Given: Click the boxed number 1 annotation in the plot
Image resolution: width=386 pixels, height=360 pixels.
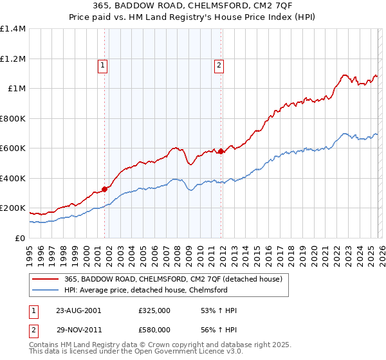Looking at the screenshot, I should [103, 64].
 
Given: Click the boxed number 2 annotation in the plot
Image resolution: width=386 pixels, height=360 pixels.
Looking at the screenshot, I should [219, 64].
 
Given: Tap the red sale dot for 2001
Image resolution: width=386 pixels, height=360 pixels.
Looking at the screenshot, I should [104, 189].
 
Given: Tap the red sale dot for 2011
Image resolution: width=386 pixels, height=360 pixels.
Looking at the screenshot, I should [221, 152].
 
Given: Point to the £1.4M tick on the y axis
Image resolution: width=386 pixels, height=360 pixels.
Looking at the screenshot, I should [13, 29].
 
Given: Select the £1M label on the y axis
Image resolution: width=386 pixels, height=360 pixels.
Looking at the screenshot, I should [17, 89].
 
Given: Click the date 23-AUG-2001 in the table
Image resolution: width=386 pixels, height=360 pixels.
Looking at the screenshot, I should [78, 310].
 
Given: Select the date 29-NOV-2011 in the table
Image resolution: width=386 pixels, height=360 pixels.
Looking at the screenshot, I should [78, 329].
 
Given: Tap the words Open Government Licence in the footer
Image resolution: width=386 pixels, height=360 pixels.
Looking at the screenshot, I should [161, 353].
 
